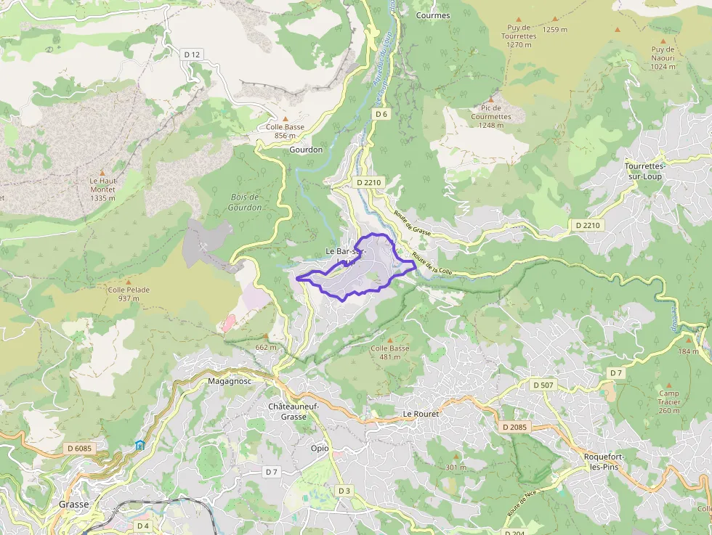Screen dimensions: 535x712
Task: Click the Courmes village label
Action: (433, 15)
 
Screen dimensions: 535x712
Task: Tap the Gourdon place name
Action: (306, 150)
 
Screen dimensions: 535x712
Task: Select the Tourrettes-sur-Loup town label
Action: (645, 171)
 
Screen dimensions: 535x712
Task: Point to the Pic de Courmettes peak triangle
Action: (491, 100)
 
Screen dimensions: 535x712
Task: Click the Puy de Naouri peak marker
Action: (663, 42)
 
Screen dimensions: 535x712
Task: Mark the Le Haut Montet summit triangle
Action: (102, 171)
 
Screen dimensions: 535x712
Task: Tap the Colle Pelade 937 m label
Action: (129, 294)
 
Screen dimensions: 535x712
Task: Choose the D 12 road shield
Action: (192, 54)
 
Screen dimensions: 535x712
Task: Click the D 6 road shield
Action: (382, 114)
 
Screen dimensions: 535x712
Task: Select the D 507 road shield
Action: (543, 385)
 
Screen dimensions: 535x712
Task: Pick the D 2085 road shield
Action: (515, 427)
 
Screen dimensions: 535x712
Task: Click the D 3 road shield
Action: (344, 491)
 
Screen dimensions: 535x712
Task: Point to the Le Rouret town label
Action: (422, 413)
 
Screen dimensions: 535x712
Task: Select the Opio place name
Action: (320, 448)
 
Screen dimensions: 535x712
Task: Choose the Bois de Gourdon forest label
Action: (245, 202)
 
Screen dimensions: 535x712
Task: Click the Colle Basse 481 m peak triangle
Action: (389, 340)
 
